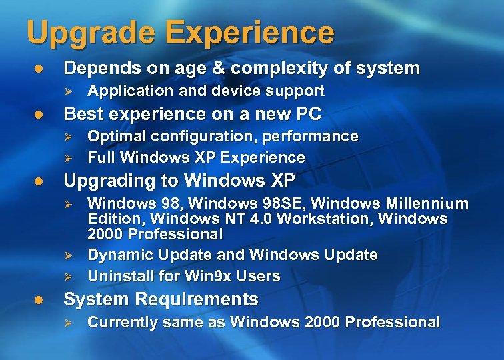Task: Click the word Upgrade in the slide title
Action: coord(86,33)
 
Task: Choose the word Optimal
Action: coord(114,137)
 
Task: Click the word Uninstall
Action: coord(117,276)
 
